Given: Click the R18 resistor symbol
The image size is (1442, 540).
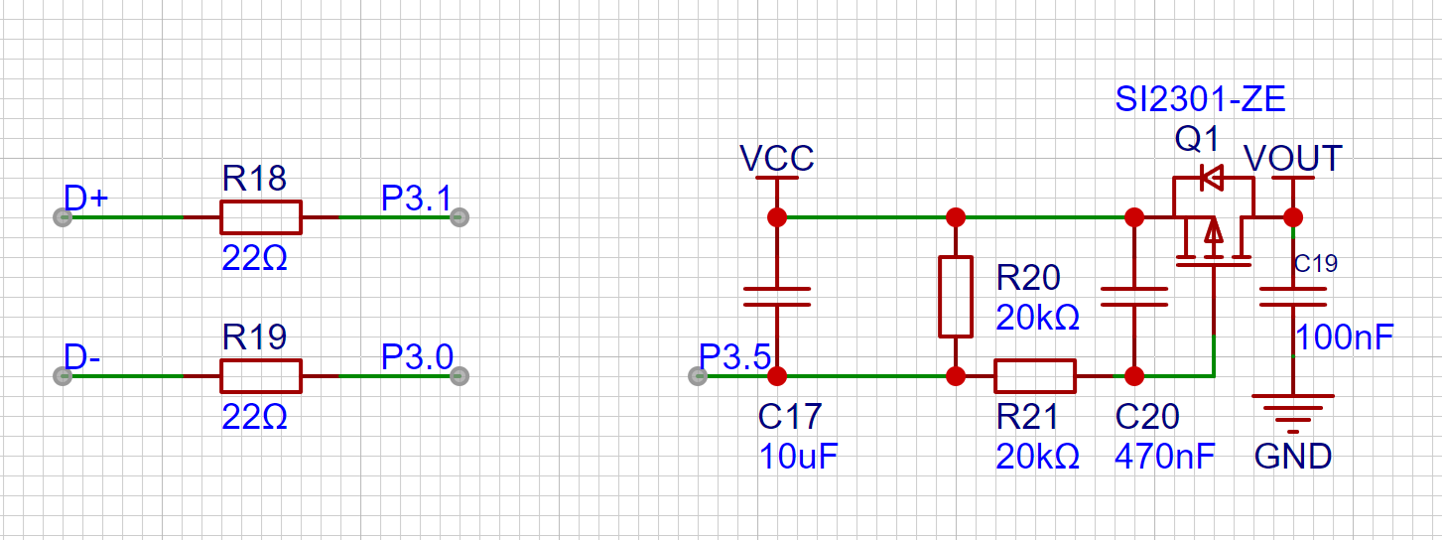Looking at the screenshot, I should (260, 216).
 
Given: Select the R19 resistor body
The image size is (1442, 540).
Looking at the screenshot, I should (260, 376).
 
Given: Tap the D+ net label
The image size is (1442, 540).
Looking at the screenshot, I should (85, 199).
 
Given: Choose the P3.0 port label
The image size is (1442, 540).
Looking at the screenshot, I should (417, 357).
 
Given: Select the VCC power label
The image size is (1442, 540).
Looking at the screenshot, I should (777, 159).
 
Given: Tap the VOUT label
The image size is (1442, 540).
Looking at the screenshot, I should (1292, 159).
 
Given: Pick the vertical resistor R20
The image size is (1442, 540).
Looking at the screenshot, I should (955, 296).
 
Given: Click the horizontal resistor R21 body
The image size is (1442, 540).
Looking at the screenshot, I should (1034, 376).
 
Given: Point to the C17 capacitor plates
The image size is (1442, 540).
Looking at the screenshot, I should (777, 296).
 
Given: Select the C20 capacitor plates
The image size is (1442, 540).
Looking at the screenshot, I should (1134, 296).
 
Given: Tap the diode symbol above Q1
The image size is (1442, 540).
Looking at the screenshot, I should (1212, 179).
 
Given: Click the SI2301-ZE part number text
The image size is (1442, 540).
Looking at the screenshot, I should (1200, 99).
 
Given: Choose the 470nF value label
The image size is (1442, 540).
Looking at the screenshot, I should (1164, 457).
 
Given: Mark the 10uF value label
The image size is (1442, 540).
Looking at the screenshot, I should (799, 457).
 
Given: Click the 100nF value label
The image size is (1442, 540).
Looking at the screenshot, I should (1344, 337).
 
